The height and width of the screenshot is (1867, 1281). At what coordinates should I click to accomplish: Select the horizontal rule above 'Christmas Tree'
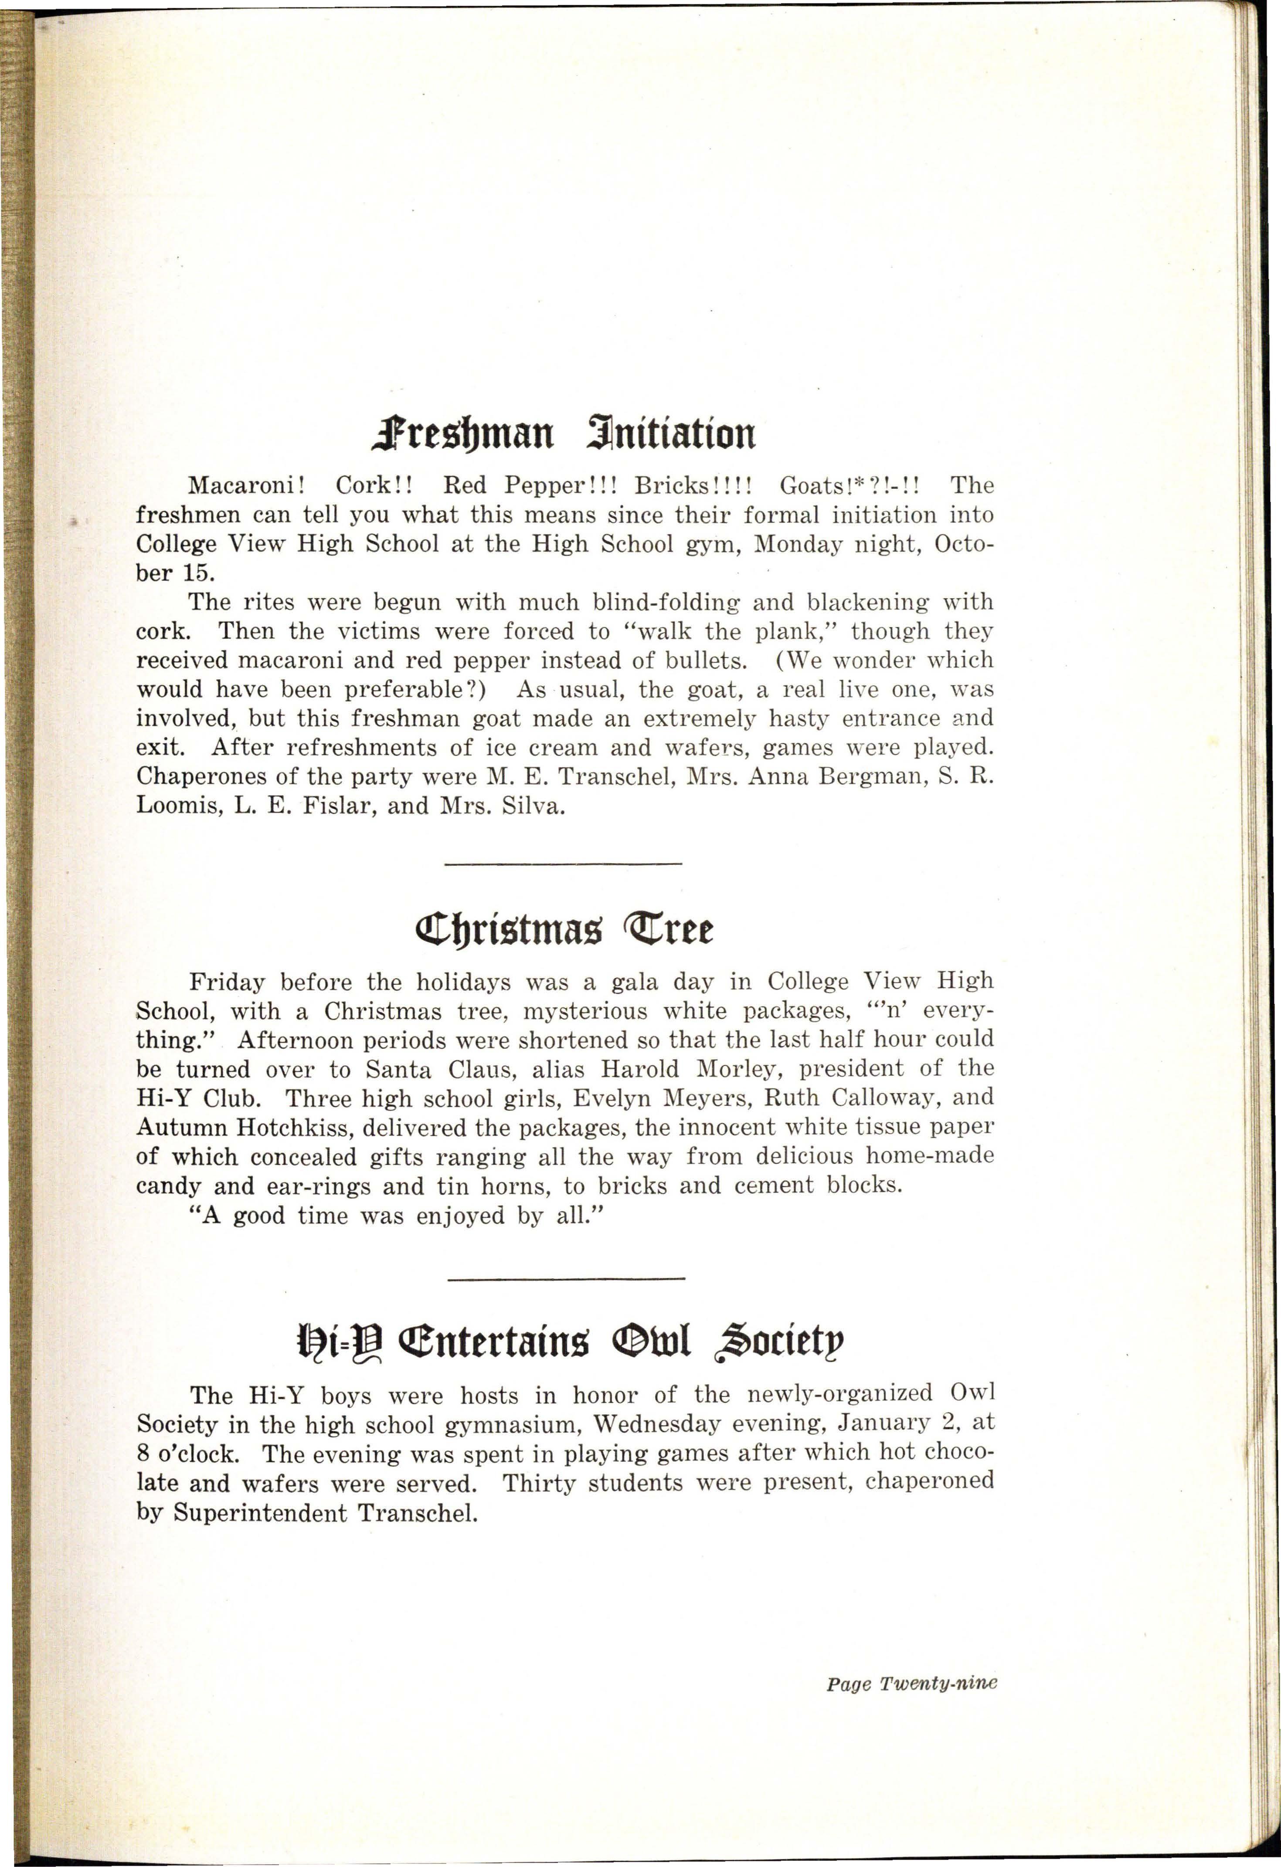pos(563,864)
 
